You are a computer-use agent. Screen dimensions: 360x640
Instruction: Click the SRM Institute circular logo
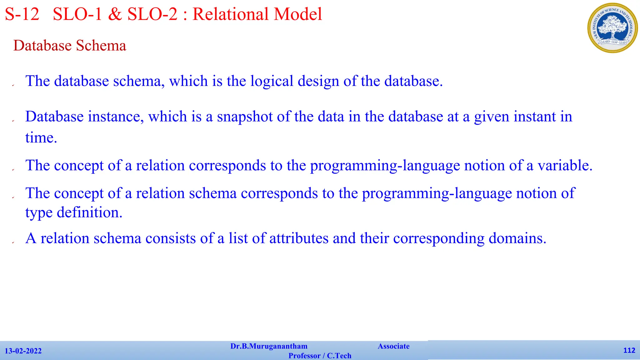[612, 28]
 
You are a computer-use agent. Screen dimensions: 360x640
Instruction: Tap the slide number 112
[629, 350]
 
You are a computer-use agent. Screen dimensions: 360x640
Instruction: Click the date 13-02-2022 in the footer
[23, 351]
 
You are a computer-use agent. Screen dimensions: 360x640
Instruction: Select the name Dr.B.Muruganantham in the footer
[269, 346]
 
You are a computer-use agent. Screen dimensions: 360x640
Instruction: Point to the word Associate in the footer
[393, 346]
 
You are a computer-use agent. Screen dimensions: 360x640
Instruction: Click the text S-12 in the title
[22, 14]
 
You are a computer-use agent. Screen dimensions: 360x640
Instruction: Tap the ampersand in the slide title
[115, 14]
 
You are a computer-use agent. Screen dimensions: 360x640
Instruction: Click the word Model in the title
[298, 14]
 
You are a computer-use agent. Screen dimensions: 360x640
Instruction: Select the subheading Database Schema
[70, 46]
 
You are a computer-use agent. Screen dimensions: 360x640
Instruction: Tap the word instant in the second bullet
[534, 117]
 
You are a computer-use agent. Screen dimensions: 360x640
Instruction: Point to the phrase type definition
[74, 213]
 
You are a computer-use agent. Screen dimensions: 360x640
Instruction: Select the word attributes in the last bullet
[299, 238]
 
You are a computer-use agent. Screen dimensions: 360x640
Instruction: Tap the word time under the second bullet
[41, 138]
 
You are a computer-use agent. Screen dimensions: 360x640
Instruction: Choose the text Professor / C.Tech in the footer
[320, 356]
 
